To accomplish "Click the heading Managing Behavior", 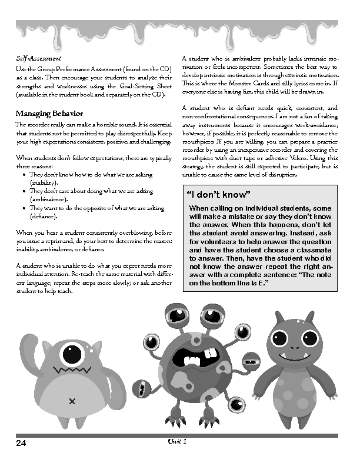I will (x=49, y=113).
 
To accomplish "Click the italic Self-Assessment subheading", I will (x=38, y=59).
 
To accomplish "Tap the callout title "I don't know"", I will (x=218, y=195).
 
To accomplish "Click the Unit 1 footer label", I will (x=177, y=441).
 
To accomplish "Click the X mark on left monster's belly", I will (x=72, y=401).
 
